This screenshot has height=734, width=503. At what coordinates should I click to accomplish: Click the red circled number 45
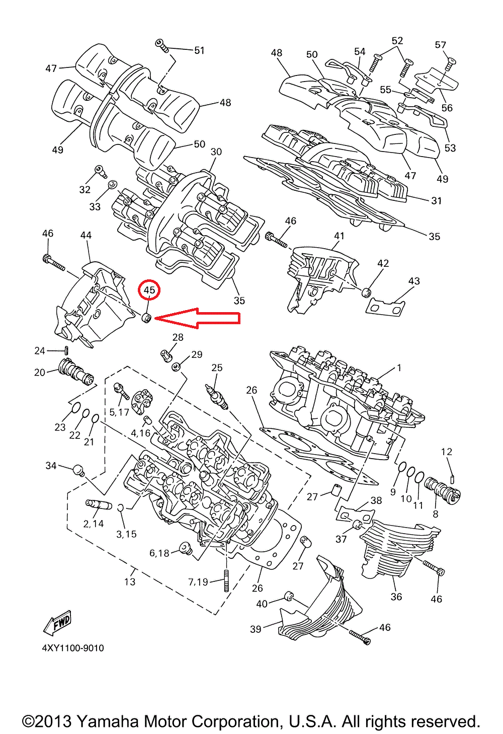tap(149, 290)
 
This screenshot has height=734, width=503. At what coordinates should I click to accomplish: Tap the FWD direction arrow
tap(58, 623)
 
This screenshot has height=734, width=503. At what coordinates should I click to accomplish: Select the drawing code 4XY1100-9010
tap(73, 648)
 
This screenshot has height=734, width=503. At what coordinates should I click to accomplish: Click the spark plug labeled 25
tap(217, 396)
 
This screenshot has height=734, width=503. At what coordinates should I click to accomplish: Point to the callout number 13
tap(130, 581)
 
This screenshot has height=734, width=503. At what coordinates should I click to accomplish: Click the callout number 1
tap(399, 368)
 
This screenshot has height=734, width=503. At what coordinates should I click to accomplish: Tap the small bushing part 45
tap(147, 318)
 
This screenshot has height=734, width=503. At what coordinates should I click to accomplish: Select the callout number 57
tap(441, 45)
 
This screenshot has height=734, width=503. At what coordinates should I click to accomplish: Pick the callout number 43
tap(414, 281)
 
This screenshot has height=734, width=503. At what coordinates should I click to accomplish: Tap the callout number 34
tap(51, 466)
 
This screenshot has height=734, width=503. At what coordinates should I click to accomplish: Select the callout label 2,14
tap(94, 524)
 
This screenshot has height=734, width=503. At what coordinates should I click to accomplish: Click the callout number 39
tap(256, 629)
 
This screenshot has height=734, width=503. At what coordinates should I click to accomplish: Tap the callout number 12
tap(447, 452)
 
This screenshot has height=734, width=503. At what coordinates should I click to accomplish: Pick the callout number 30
tap(216, 152)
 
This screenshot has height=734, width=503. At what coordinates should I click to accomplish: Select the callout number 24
tap(40, 350)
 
